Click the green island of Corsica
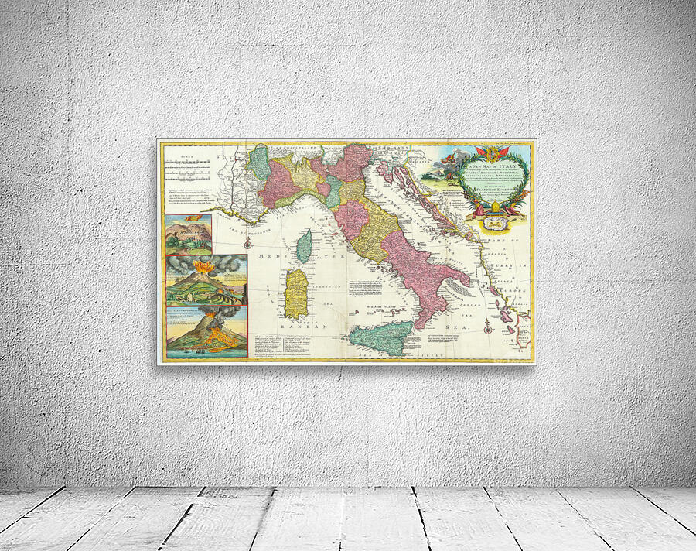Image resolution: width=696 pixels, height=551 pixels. (305, 245)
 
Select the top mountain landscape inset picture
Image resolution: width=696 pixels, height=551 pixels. (188, 234)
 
